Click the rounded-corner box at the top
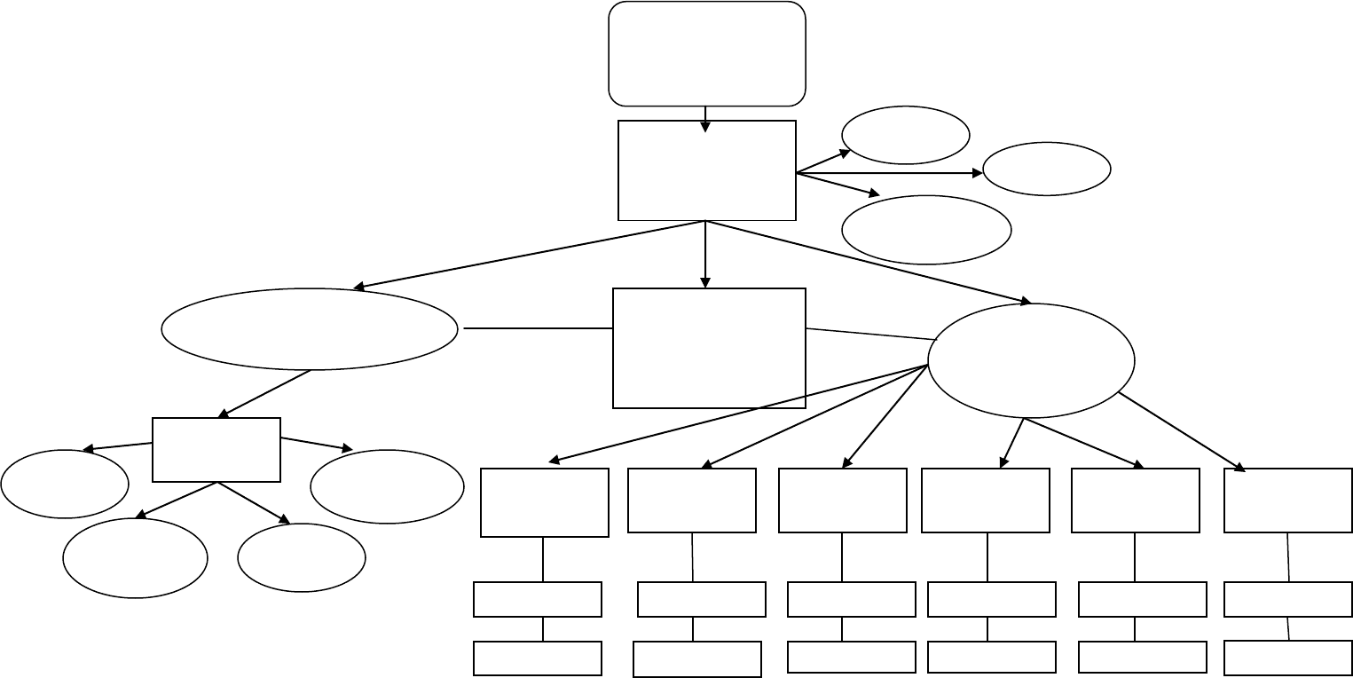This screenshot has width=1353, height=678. pos(706,53)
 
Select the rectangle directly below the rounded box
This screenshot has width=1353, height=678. pos(706,170)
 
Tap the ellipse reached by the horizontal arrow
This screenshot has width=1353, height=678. pos(1046,169)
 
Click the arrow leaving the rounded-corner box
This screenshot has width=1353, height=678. pos(705,119)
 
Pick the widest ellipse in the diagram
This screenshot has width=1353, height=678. pos(310,328)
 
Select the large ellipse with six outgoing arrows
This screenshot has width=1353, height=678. pos(1031,360)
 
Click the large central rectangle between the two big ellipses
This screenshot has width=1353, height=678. pos(709,348)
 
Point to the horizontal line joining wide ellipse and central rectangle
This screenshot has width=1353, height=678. pos(537,328)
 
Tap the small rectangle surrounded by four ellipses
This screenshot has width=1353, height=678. pos(216,450)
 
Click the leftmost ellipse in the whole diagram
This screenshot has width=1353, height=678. pos(65,484)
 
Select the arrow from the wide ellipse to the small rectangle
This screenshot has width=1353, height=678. pos(264,394)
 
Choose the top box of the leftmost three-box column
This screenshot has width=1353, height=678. pos(544,502)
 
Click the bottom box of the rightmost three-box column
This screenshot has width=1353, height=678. pos(1287,658)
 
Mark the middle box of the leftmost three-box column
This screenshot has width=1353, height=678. pos(538,599)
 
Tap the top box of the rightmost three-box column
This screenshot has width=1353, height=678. pos(1287,501)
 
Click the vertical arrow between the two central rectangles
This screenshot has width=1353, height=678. pos(705,255)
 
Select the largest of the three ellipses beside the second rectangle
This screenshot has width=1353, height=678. pos(925,230)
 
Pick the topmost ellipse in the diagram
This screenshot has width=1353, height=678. pos(905,135)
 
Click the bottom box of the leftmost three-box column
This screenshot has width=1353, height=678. pos(538,658)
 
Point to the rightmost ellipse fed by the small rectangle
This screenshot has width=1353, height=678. pos(387,486)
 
